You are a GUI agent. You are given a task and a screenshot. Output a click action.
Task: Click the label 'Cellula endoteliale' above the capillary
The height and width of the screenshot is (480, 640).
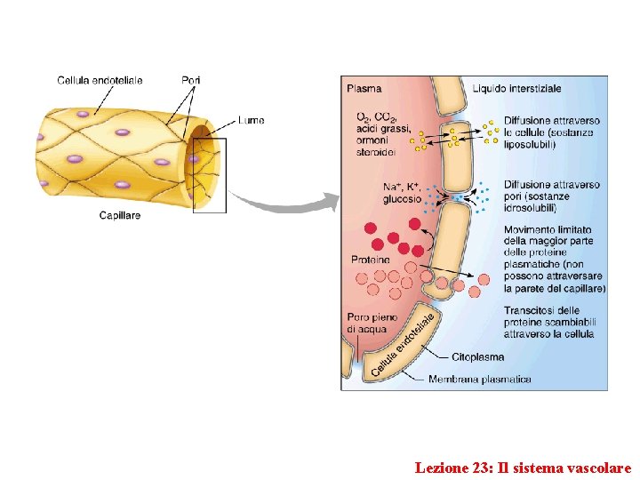(x=100, y=80)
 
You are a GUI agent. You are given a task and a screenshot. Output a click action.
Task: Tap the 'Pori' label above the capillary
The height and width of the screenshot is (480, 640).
(x=190, y=80)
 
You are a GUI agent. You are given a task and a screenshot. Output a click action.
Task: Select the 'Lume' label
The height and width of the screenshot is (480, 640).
(x=251, y=120)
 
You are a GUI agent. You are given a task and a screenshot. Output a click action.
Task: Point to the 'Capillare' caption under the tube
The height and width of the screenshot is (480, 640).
(x=119, y=215)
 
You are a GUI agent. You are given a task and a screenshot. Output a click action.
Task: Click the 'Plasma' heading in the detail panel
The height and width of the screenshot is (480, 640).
(x=364, y=88)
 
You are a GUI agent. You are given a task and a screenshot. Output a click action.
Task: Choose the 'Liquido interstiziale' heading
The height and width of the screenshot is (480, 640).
(x=516, y=88)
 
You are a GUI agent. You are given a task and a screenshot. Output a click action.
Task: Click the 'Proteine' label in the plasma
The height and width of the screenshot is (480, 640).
(x=370, y=260)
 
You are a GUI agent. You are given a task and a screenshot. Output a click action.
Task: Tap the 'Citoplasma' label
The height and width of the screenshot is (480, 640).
(x=477, y=357)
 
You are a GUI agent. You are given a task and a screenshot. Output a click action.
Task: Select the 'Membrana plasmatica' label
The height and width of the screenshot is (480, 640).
(x=479, y=380)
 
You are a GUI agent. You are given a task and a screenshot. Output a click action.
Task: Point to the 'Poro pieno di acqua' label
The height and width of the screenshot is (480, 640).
(x=366, y=324)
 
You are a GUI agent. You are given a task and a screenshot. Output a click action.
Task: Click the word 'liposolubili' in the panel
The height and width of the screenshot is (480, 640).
(x=531, y=143)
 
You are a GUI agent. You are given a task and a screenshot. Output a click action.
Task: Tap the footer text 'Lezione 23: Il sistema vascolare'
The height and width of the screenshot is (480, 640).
(x=523, y=467)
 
